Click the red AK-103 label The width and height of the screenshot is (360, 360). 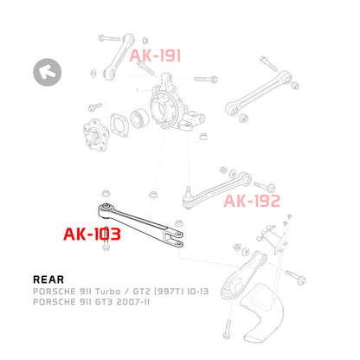[92, 234]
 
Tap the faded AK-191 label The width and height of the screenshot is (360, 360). [155, 55]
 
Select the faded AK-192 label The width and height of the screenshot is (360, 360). [252, 201]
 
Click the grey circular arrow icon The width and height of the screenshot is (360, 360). [48, 72]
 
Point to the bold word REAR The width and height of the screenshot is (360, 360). [48, 280]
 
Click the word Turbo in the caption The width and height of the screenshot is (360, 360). [107, 292]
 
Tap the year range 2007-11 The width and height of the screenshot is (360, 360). [133, 302]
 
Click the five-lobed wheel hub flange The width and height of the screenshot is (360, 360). [96, 135]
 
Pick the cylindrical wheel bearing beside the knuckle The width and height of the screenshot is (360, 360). [139, 118]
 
